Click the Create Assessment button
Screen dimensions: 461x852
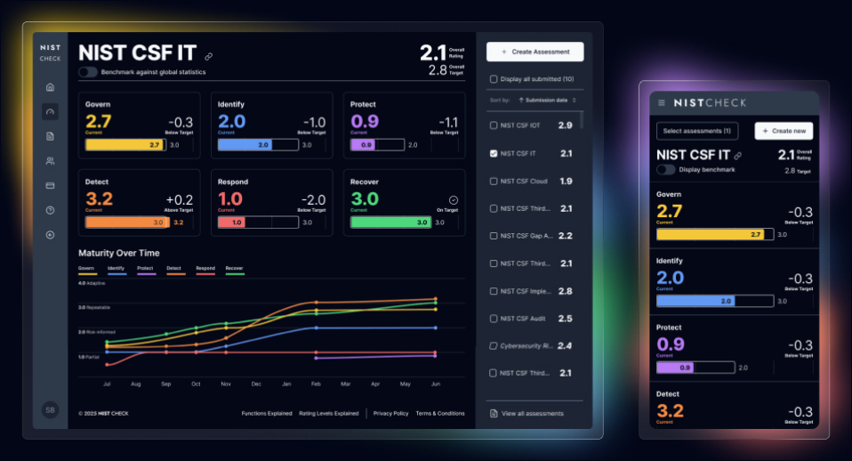tap(535, 53)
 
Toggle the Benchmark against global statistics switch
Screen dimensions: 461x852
tap(87, 72)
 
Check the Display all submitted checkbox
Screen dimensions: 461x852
tap(494, 79)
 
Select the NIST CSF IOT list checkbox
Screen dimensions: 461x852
tap(494, 125)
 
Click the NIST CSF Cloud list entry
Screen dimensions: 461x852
tap(524, 182)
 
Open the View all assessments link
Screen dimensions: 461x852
tap(532, 413)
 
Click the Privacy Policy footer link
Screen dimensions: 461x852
tap(390, 413)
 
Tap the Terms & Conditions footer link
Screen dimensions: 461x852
tap(439, 413)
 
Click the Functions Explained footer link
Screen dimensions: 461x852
tap(266, 413)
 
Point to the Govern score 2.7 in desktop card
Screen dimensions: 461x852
tap(98, 121)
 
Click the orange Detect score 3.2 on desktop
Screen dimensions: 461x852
tap(99, 198)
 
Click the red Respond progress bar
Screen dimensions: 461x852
tap(258, 222)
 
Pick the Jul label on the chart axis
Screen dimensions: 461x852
tap(107, 384)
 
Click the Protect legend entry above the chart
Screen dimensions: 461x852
tap(145, 268)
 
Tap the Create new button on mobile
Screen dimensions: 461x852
tap(784, 131)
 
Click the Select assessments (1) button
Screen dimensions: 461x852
tap(697, 131)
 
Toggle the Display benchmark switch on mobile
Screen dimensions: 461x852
tap(665, 169)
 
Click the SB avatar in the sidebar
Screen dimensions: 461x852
tap(50, 409)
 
